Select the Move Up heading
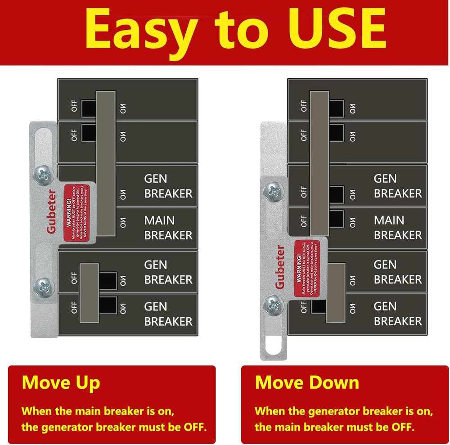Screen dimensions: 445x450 61,382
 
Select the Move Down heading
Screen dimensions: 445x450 307,382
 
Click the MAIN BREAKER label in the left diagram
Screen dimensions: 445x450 168,228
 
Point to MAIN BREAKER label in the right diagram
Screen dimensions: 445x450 398,228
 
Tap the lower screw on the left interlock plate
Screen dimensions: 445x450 43,284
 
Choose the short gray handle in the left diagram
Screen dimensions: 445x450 89,293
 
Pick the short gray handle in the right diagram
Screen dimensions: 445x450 335,293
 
